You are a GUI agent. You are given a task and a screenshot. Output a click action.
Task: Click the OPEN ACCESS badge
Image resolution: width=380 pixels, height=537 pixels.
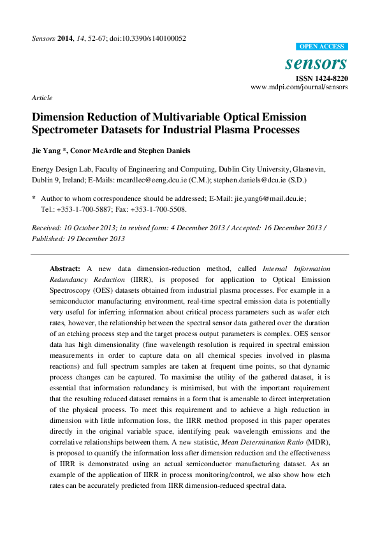pyautogui.click(x=323, y=47)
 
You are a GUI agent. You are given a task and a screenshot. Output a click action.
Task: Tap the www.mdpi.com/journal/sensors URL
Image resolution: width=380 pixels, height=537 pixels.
pyautogui.click(x=299, y=87)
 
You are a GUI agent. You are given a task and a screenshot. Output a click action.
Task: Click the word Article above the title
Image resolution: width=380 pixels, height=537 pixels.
pyautogui.click(x=41, y=98)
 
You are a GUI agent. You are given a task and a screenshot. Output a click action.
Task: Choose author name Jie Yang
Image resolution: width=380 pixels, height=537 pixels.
pyautogui.click(x=47, y=151)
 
